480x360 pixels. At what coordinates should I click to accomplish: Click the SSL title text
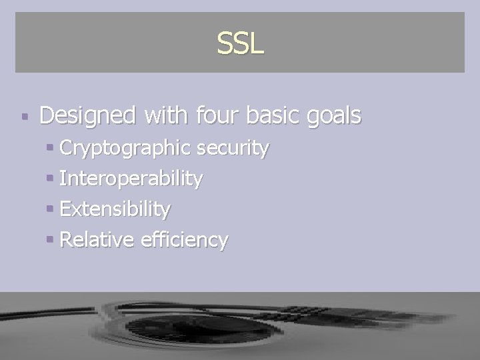point(240,43)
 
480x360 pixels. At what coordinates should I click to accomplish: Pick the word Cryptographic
point(127,149)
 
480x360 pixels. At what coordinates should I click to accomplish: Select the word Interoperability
point(131,179)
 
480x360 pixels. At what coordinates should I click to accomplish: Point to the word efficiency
point(184,239)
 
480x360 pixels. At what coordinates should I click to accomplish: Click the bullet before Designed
point(25,117)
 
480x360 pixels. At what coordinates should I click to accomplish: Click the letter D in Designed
point(48,115)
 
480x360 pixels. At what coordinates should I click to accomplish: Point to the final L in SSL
point(257,43)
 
